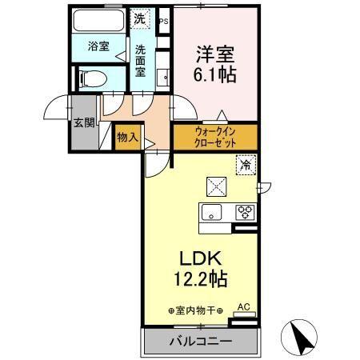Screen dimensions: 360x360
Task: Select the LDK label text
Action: [200, 260]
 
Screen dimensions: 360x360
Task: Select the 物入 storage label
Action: [127, 137]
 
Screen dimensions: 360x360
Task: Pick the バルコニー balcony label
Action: [200, 342]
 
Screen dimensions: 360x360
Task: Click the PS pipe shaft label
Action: [164, 21]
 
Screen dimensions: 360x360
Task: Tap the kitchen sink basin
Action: [212, 213]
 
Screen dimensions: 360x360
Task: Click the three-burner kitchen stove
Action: [244, 213]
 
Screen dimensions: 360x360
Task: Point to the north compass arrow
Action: [303, 336]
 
